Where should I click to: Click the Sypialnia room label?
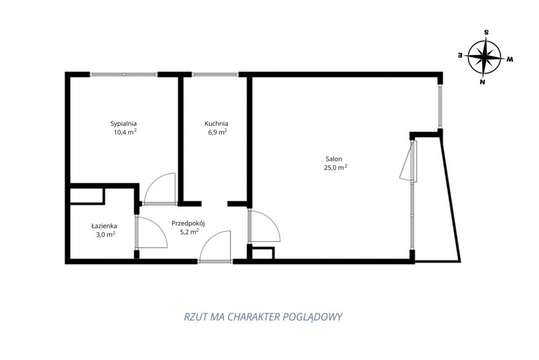[x=124, y=124]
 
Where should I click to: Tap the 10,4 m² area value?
[x=125, y=132]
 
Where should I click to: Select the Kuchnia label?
[x=216, y=124]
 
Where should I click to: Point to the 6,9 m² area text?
[x=217, y=132]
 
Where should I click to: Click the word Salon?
[x=334, y=159]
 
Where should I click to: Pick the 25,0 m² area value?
[x=336, y=168]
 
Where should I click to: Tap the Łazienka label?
[x=104, y=226]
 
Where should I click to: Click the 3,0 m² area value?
[x=106, y=235]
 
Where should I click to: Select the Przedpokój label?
[x=188, y=224]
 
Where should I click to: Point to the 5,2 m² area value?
[x=190, y=232]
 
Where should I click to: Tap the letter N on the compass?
[x=482, y=82]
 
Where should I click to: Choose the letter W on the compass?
[x=510, y=59]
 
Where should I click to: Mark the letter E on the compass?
[x=460, y=55]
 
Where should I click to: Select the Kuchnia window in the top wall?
[x=215, y=75]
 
